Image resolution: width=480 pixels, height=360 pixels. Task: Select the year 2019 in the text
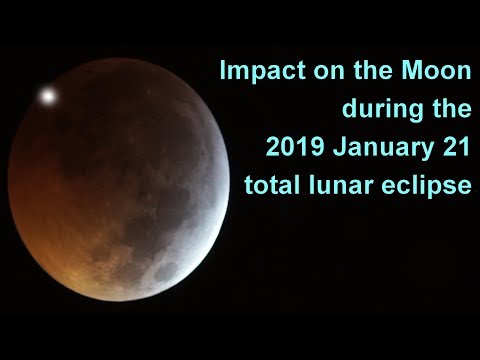tap(295, 148)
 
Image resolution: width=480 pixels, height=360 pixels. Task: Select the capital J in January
tap(338, 148)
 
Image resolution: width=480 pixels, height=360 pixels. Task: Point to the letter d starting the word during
tap(349, 111)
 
